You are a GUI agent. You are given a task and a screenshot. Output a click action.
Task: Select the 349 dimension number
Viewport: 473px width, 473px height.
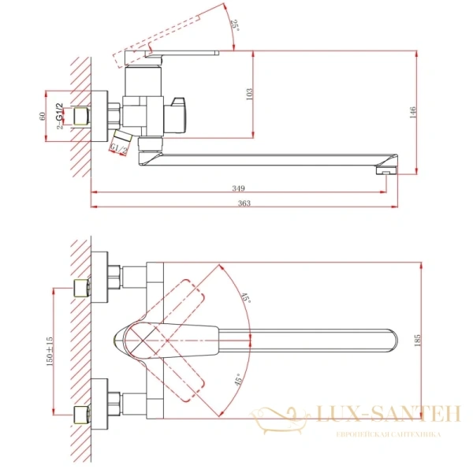pos(239,188)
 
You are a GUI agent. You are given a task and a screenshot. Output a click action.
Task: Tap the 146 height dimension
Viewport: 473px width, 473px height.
pos(414,112)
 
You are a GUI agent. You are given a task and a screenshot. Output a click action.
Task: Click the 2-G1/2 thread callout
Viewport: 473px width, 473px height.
pos(59,117)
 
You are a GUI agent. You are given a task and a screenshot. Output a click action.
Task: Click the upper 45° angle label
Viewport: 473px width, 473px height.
pos(246,299)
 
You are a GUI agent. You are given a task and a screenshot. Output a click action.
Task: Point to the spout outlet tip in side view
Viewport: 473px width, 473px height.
pos(387,168)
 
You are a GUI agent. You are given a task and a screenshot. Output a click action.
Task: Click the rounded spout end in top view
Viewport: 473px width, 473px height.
pos(389,341)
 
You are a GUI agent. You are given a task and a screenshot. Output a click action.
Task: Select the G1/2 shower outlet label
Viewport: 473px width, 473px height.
pos(119,147)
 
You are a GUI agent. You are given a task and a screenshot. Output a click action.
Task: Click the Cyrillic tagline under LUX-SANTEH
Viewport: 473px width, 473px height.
pos(389,435)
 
